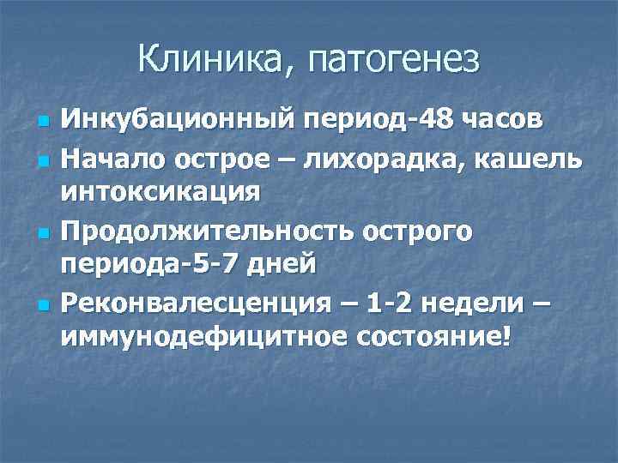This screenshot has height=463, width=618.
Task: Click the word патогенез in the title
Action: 386,60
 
